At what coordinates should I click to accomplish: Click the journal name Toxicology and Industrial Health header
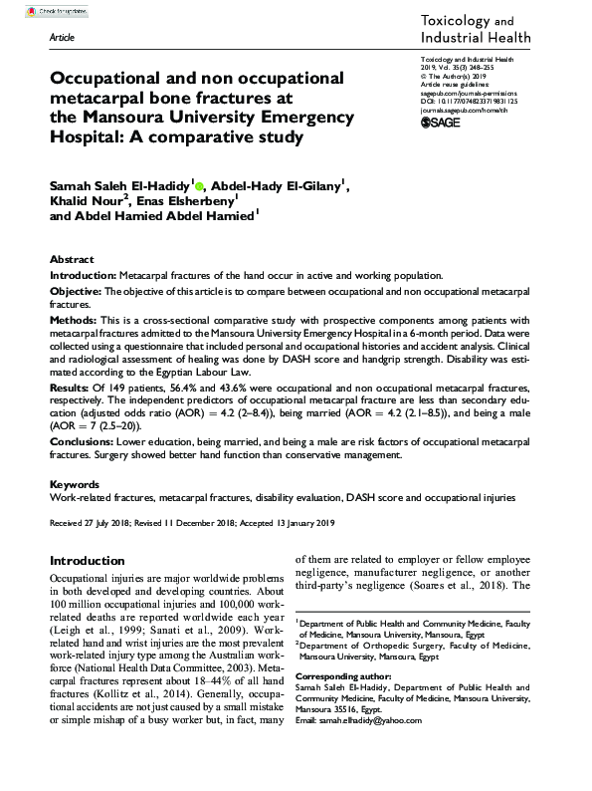[x=477, y=29]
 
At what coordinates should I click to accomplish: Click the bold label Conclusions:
[x=83, y=439]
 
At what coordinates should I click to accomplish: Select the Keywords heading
[x=75, y=483]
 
